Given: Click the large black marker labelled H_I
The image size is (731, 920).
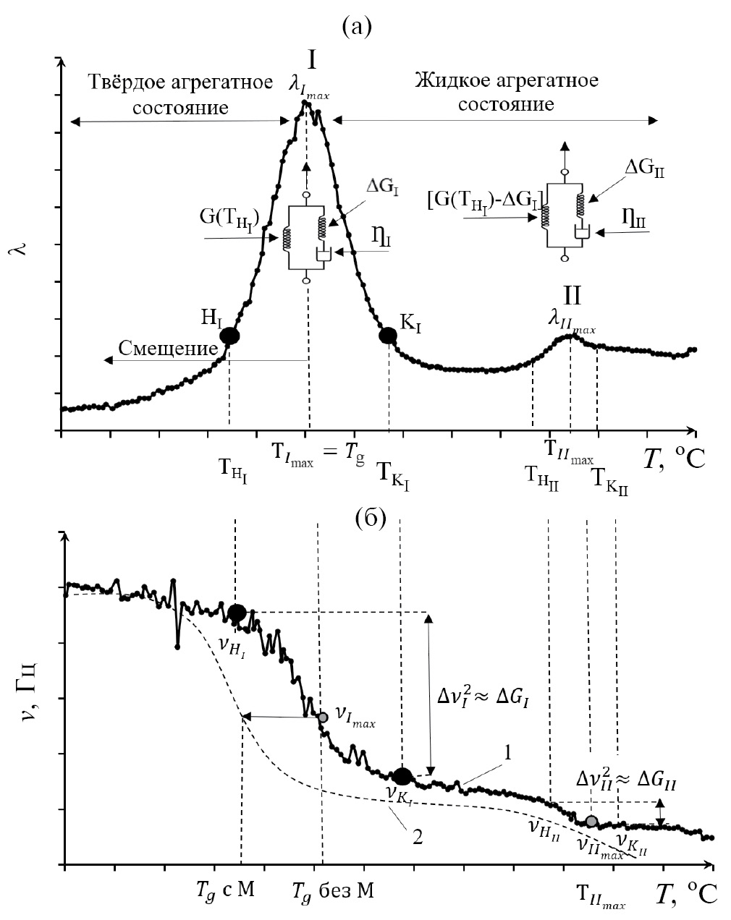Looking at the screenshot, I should [229, 336].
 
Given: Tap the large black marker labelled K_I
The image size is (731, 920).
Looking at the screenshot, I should [388, 336].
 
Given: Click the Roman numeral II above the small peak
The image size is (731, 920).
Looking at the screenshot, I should [573, 296].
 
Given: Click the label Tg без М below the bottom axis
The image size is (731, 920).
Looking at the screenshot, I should [334, 890].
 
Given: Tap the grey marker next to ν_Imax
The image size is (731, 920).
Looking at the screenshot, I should [323, 717].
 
